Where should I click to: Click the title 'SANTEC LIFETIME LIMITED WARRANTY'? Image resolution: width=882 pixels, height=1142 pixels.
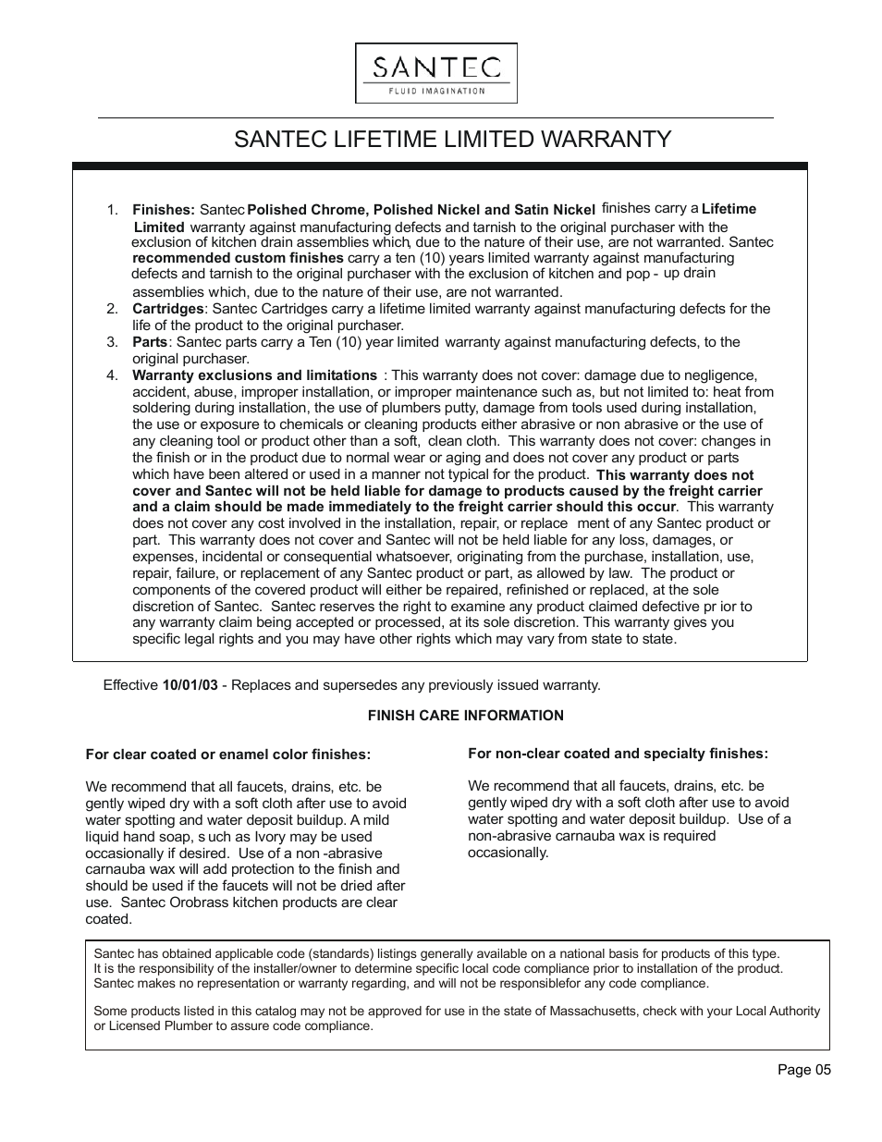(x=452, y=140)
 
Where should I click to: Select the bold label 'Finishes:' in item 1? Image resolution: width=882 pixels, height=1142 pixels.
(x=163, y=210)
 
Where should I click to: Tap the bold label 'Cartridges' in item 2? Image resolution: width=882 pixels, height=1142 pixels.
(x=167, y=309)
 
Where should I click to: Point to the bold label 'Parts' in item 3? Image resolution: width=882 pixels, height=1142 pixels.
(x=150, y=342)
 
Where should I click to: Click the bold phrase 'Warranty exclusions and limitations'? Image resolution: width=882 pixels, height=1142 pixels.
(x=254, y=375)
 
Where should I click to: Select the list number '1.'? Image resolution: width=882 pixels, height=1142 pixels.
(x=113, y=210)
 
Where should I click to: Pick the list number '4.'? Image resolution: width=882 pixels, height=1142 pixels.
(x=113, y=375)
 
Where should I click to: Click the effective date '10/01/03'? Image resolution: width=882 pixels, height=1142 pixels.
(x=190, y=685)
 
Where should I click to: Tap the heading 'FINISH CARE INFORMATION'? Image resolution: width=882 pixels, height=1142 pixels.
(x=465, y=716)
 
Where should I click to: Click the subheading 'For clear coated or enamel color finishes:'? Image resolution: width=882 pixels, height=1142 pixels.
(x=227, y=755)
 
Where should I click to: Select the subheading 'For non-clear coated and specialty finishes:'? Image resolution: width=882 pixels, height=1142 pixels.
(x=618, y=754)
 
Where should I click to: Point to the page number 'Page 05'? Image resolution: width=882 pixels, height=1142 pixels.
(x=803, y=1070)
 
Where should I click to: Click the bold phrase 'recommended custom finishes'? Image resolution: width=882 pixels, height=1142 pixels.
(x=238, y=258)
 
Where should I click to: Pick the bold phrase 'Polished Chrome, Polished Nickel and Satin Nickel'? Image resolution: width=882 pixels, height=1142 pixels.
(x=421, y=210)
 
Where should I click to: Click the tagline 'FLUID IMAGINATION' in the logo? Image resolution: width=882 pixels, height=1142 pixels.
(x=435, y=91)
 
